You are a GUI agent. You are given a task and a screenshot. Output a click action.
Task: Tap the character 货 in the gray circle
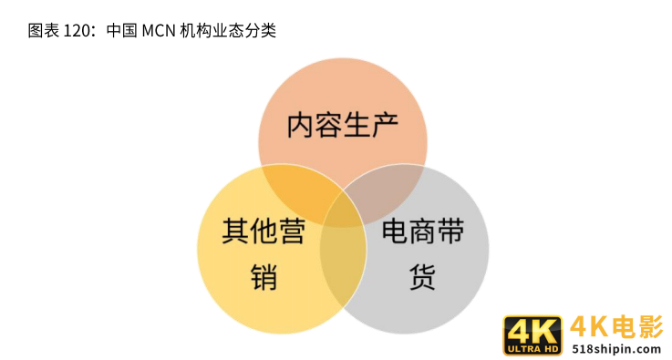tap(422, 276)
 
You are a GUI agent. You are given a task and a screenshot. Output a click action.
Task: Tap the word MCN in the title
tap(161, 31)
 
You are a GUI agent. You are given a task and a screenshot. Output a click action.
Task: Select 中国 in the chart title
tap(120, 31)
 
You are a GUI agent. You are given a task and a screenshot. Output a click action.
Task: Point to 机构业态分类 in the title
tap(233, 31)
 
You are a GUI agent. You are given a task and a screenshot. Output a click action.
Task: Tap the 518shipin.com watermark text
tap(615, 348)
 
